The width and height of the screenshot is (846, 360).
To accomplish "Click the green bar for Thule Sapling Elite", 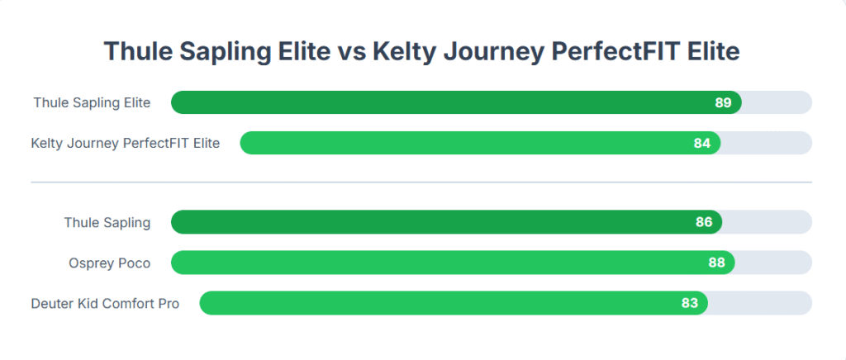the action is pyautogui.click(x=456, y=102).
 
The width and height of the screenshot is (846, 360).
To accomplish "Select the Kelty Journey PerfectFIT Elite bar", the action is pyautogui.click(x=480, y=143).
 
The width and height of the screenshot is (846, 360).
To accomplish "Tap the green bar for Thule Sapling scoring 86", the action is pyautogui.click(x=447, y=222).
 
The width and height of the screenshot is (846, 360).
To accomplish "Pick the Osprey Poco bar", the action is pyautogui.click(x=454, y=263).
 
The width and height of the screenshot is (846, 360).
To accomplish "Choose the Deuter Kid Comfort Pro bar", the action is pyautogui.click(x=454, y=303).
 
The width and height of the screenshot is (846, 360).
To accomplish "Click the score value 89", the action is pyautogui.click(x=723, y=103).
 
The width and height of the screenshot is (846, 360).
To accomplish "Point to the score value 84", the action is pyautogui.click(x=702, y=144).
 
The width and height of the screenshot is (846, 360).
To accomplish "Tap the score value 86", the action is pyautogui.click(x=704, y=222).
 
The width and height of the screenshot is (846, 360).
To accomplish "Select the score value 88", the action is pyautogui.click(x=716, y=263).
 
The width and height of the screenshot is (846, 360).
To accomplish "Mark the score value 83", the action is pyautogui.click(x=690, y=303).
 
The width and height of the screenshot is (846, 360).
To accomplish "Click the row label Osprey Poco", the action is pyautogui.click(x=110, y=263).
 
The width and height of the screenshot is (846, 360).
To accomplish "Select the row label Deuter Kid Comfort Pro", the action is pyautogui.click(x=105, y=303).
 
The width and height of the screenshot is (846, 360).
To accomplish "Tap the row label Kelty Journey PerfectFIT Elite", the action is pyautogui.click(x=126, y=144).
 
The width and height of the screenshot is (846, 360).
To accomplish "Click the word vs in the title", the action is pyautogui.click(x=354, y=52).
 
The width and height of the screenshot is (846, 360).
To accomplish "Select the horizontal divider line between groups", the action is pyautogui.click(x=421, y=182).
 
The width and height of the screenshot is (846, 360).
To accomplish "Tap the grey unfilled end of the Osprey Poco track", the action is pyautogui.click(x=773, y=263).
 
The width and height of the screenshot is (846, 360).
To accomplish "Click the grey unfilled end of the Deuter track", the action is pyautogui.click(x=760, y=303).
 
